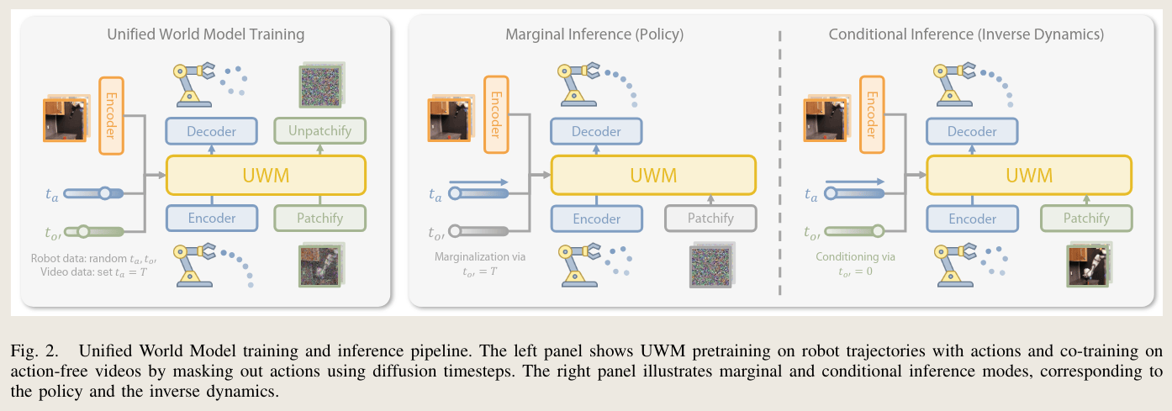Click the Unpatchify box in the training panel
point(319,131)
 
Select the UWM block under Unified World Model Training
point(266,175)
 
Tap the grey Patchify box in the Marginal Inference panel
point(710,218)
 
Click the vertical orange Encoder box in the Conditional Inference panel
point(872,114)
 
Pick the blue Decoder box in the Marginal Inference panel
point(596,131)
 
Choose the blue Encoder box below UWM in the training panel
point(212,218)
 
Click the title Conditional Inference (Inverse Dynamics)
point(966,34)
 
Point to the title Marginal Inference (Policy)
point(594,34)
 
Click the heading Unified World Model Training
point(206,34)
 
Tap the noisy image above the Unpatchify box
point(321,85)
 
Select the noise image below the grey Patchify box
point(712,265)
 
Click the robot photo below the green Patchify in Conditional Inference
point(1089,265)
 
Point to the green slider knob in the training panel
point(84,231)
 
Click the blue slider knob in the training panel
point(105,193)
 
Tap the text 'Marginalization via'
point(480,256)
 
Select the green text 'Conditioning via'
point(855,256)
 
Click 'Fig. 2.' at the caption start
point(34,350)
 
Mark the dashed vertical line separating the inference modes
point(779,162)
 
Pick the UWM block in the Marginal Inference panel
point(653,175)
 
